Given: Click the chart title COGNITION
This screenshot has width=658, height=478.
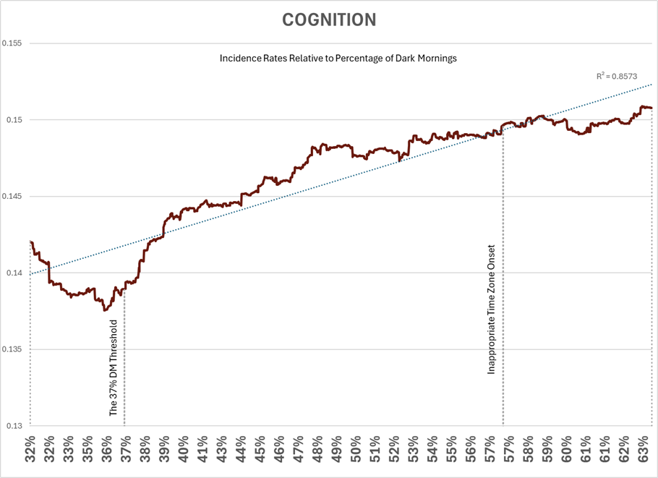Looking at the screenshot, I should pyautogui.click(x=328, y=20).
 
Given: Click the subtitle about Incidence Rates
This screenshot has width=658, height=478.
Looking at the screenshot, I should pyautogui.click(x=338, y=59).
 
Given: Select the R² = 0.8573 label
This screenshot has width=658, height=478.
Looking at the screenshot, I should pyautogui.click(x=616, y=75).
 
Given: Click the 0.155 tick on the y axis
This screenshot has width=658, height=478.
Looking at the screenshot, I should pyautogui.click(x=12, y=43).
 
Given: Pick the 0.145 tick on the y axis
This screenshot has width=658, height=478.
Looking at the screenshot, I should pyautogui.click(x=12, y=197).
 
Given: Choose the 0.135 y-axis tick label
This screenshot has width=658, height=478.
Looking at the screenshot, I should pyautogui.click(x=12, y=349).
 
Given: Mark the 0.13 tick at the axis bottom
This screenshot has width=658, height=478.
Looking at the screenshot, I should pyautogui.click(x=14, y=426).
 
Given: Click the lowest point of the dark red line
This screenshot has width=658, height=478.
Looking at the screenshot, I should pyautogui.click(x=105, y=310).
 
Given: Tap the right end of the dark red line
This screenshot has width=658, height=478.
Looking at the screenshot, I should pyautogui.click(x=651, y=108).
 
